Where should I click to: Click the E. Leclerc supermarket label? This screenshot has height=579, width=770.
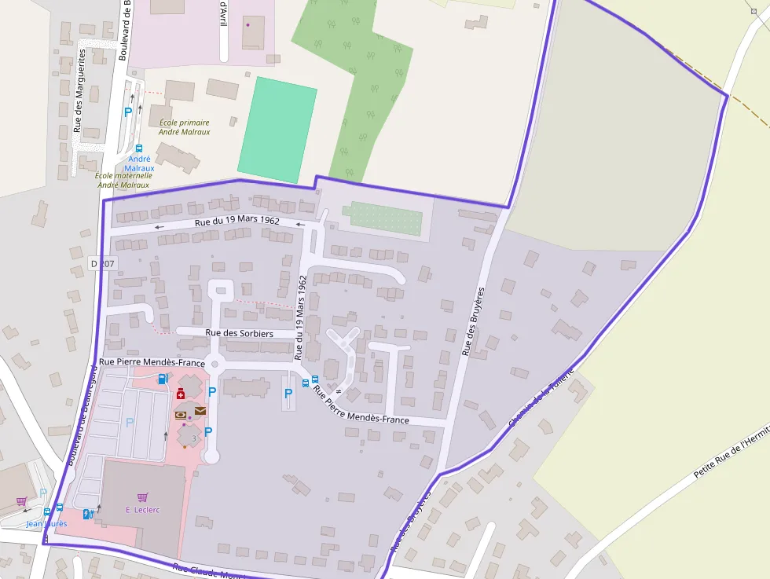click(142, 510)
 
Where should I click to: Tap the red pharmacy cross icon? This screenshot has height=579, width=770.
click(181, 394)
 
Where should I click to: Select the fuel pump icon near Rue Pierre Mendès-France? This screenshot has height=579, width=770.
click(163, 379)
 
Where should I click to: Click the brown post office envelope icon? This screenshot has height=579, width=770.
click(200, 411)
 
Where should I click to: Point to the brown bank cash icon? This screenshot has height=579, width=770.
click(181, 414)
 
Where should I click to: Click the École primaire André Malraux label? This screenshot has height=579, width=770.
click(185, 127)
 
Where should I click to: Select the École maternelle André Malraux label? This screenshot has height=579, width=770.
click(123, 180)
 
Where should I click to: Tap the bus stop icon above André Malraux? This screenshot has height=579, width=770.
click(139, 148)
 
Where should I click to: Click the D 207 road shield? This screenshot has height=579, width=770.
click(102, 264)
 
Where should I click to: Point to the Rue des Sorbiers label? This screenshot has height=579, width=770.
click(239, 333)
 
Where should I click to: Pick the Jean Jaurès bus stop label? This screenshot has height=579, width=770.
click(46, 523)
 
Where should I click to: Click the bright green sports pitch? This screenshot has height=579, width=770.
click(277, 130)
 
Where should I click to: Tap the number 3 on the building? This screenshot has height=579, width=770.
click(192, 438)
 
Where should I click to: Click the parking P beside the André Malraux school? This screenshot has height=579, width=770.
click(128, 112)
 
